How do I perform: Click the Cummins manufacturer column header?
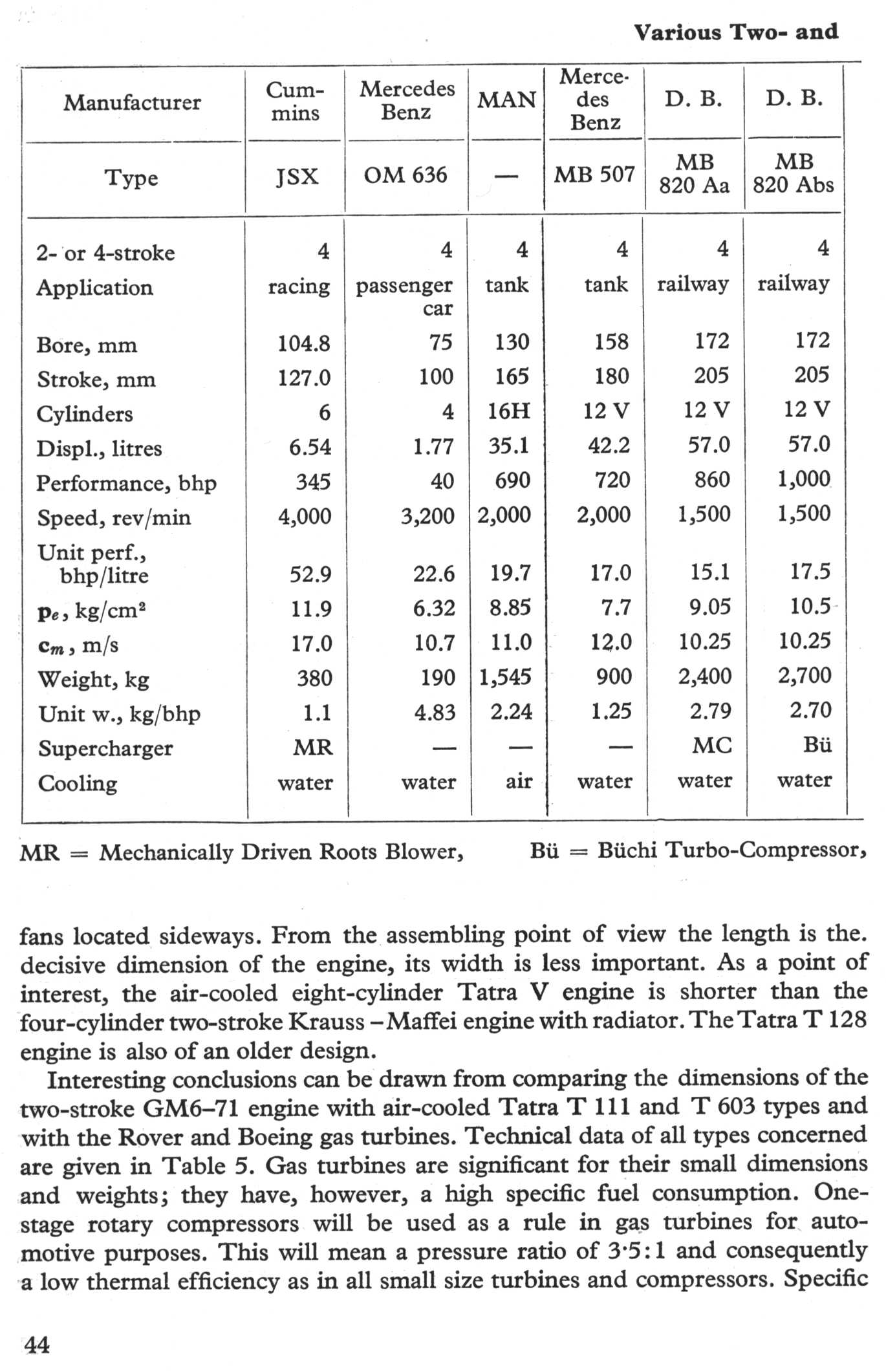pyautogui.click(x=295, y=101)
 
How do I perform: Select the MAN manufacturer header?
pyautogui.click(x=507, y=100)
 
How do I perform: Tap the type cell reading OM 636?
pyautogui.click(x=405, y=175)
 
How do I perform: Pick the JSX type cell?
pyautogui.click(x=297, y=177)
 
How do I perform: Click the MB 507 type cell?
pyautogui.click(x=594, y=174)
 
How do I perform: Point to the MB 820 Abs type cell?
pyautogui.click(x=794, y=173)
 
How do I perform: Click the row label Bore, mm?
pyautogui.click(x=87, y=345)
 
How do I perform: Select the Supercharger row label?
pyautogui.click(x=105, y=748)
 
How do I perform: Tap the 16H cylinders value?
pyautogui.click(x=509, y=411)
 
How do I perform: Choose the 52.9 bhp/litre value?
pyautogui.click(x=310, y=574)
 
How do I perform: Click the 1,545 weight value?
pyautogui.click(x=505, y=677)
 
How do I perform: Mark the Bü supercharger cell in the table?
pyautogui.click(x=817, y=745)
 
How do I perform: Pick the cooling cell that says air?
pyautogui.click(x=519, y=781)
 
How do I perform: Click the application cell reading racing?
pyautogui.click(x=299, y=286)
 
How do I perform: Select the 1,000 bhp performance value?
pyautogui.click(x=804, y=479)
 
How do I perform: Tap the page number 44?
pyautogui.click(x=37, y=1345)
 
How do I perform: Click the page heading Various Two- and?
pyautogui.click(x=736, y=32)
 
